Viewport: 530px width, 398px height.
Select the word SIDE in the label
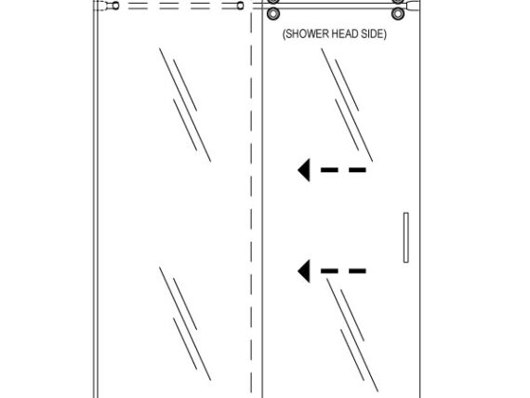pyautogui.click(x=373, y=33)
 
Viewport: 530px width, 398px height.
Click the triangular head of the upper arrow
pyautogui.click(x=304, y=170)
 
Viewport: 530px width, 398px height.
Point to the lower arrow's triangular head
pyautogui.click(x=304, y=271)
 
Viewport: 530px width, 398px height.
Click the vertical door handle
pyautogui.click(x=406, y=237)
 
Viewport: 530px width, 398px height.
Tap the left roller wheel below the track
pyautogui.click(x=273, y=14)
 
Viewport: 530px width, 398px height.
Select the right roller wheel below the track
pyautogui.click(x=398, y=14)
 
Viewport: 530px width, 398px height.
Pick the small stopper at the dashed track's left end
pyautogui.click(x=115, y=6)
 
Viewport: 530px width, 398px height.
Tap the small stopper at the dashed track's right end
pyautogui.click(x=240, y=6)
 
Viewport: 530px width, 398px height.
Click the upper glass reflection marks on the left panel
pyautogui.click(x=185, y=105)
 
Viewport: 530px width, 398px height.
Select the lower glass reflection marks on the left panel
pyautogui.click(x=185, y=324)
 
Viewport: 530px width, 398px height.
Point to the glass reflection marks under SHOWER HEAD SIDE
pyautogui.click(x=347, y=105)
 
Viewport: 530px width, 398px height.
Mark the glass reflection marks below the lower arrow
pyautogui.click(x=352, y=335)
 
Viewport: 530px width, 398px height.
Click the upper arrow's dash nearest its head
pyautogui.click(x=329, y=170)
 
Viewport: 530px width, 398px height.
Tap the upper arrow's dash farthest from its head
pyautogui.click(x=358, y=170)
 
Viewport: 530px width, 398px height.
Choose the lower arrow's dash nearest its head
pyautogui.click(x=329, y=271)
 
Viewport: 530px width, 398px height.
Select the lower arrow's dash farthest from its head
pyautogui.click(x=358, y=271)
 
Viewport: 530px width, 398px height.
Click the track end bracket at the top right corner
pyautogui.click(x=412, y=6)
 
